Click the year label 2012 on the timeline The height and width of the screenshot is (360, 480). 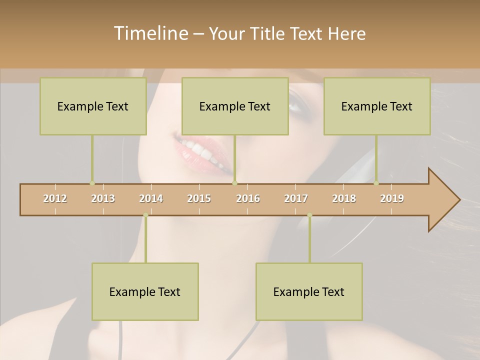[x=55, y=198]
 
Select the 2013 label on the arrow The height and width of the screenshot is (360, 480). [x=103, y=198]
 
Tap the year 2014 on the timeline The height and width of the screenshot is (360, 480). [x=151, y=198]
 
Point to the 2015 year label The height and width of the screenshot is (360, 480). [x=199, y=198]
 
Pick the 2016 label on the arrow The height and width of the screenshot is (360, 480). [x=248, y=198]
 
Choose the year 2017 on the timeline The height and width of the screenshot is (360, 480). [x=296, y=198]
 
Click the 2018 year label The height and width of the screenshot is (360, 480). [x=344, y=198]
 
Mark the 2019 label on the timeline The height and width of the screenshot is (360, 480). [x=392, y=198]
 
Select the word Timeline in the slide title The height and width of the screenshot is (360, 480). [x=149, y=33]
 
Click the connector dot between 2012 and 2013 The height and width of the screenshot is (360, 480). [x=92, y=183]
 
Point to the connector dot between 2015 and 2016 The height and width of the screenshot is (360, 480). [x=235, y=183]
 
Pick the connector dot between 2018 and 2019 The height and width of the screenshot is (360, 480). [x=376, y=183]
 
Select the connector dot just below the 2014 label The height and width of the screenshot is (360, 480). [x=145, y=215]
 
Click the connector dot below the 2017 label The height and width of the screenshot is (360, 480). [x=309, y=215]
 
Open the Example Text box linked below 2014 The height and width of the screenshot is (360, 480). [x=145, y=291]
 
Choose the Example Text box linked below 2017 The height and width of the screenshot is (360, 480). [x=309, y=291]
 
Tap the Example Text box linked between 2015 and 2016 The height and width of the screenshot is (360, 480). [x=235, y=106]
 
